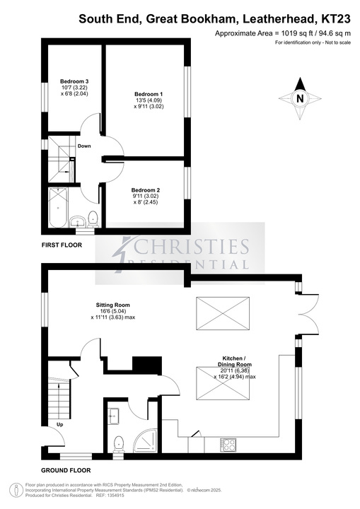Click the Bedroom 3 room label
pos(74,81)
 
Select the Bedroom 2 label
pos(146,190)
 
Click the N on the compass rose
pos(300,98)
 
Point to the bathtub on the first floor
pos(59,208)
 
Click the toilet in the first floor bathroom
pos(93,218)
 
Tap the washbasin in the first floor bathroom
pos(78,222)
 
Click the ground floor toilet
pos(118,444)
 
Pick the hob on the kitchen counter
pos(228,445)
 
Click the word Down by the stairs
pos(84,146)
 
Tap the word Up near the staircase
pos(60,425)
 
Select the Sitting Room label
pos(112,305)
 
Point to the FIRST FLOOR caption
pos(62,245)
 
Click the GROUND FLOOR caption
pos(66,470)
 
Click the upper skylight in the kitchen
pos(223,313)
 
